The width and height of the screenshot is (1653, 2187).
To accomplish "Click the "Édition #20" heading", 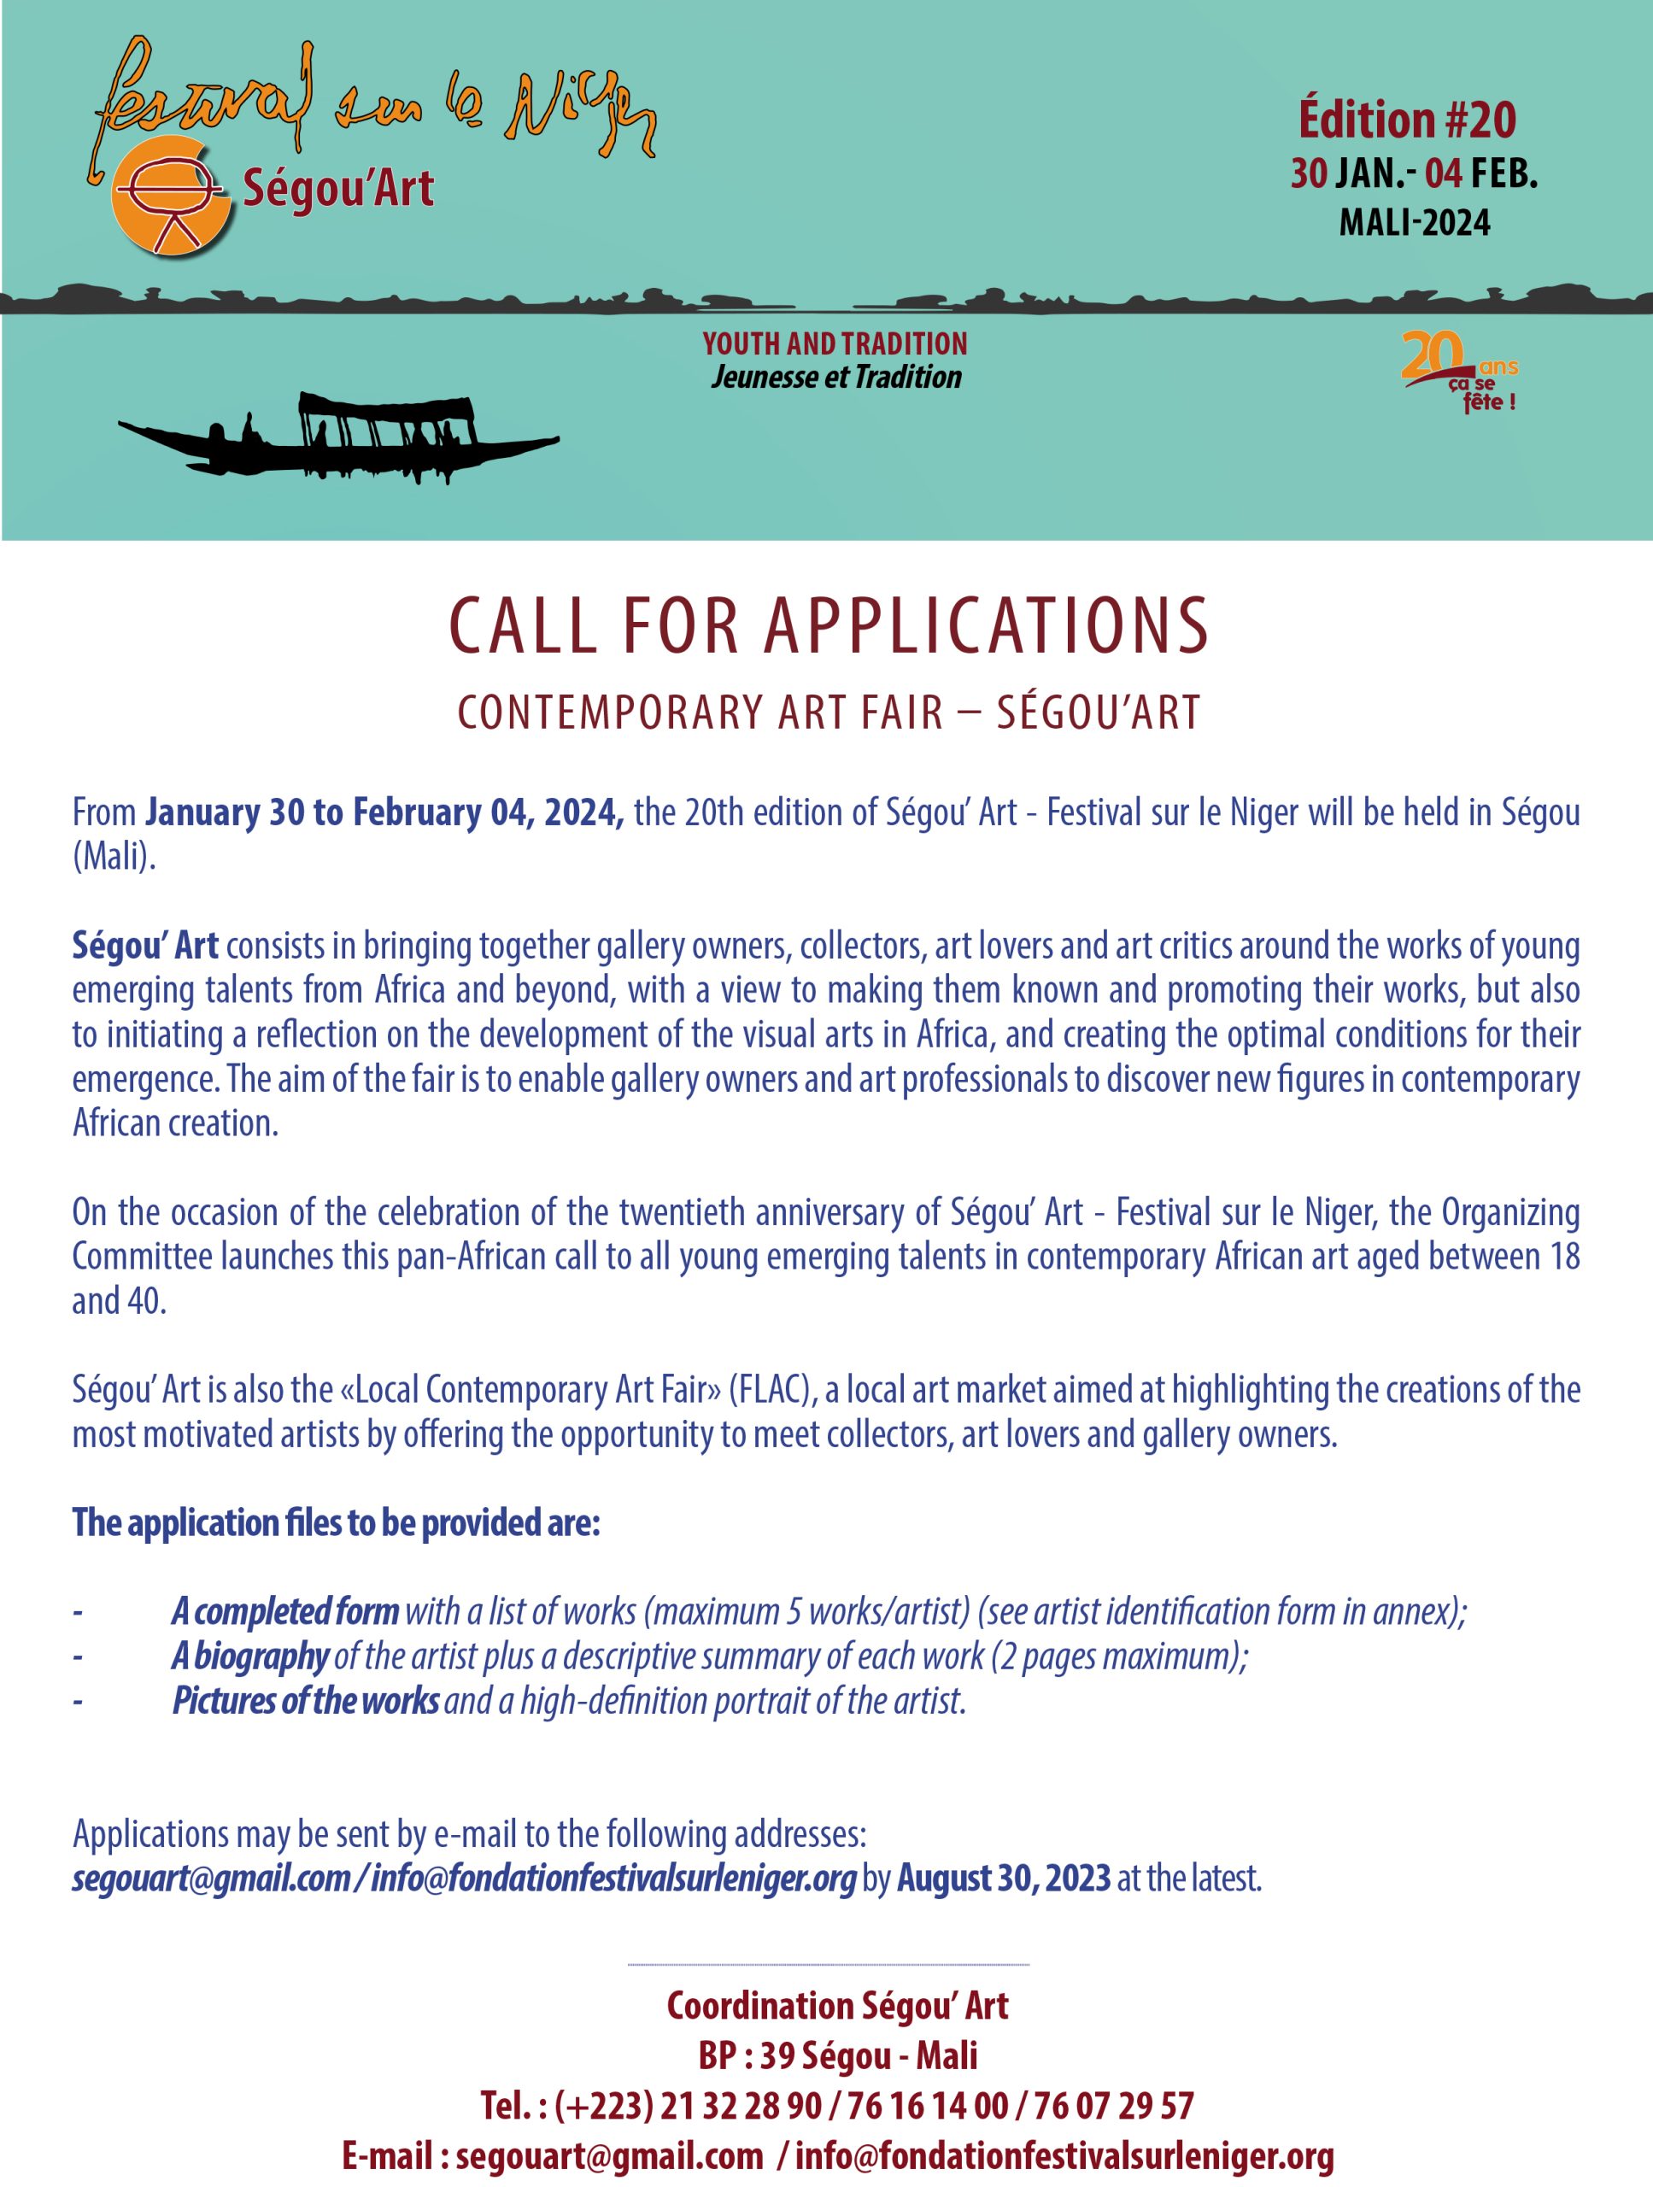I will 1406,120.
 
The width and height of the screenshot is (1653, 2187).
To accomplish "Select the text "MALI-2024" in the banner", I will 1414,222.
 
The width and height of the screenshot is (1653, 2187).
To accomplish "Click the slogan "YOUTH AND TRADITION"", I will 835,344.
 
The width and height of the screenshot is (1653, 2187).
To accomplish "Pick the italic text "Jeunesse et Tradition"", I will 835,377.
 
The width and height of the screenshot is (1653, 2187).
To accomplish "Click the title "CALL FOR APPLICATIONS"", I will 829,627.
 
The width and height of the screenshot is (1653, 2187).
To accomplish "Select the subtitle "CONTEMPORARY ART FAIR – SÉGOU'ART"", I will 829,712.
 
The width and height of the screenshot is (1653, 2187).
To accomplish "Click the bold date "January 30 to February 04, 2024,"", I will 384,812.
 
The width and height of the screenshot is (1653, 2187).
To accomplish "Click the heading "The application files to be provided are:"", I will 336,1523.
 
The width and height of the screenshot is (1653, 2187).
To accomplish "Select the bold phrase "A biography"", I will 250,1657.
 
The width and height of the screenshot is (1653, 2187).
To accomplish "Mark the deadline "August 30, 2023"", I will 1004,1879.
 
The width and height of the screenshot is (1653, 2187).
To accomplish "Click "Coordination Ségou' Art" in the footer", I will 837,2006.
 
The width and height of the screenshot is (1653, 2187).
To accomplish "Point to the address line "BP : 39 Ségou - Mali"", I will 837,2056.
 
